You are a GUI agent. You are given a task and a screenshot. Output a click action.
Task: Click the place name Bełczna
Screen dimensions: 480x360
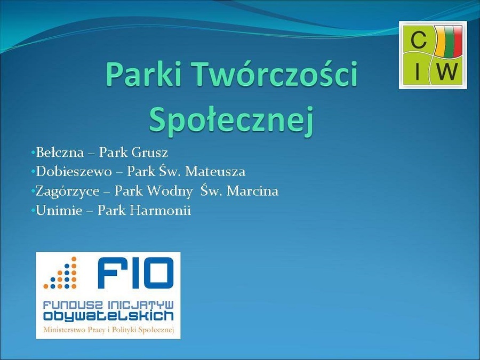[x=60, y=153]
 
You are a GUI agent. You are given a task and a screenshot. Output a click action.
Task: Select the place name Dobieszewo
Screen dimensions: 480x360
[x=74, y=171]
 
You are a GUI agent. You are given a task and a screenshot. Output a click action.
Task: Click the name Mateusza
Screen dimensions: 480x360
[x=215, y=171]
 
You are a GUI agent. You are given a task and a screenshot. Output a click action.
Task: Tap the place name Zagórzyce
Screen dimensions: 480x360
[x=68, y=191]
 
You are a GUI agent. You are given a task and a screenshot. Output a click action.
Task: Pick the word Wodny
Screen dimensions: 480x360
[x=170, y=191]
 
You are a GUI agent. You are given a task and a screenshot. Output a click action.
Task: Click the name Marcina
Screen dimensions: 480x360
[x=253, y=191]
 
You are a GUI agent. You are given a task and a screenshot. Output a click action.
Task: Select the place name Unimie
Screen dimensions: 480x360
[x=59, y=210]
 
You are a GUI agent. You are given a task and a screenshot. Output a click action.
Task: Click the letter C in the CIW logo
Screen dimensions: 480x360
[x=418, y=40]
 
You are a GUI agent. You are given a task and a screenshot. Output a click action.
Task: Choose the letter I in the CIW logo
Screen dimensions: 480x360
[x=417, y=71]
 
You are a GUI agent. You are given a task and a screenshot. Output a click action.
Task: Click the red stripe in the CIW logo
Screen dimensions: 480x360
[x=457, y=41]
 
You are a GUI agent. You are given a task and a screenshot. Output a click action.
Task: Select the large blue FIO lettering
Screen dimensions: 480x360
[x=135, y=273]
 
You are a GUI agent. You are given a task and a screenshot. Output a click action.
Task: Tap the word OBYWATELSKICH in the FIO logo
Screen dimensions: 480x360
[x=108, y=316]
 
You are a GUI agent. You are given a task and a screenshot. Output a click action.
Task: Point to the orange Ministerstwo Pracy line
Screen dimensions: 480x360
[x=109, y=330]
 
